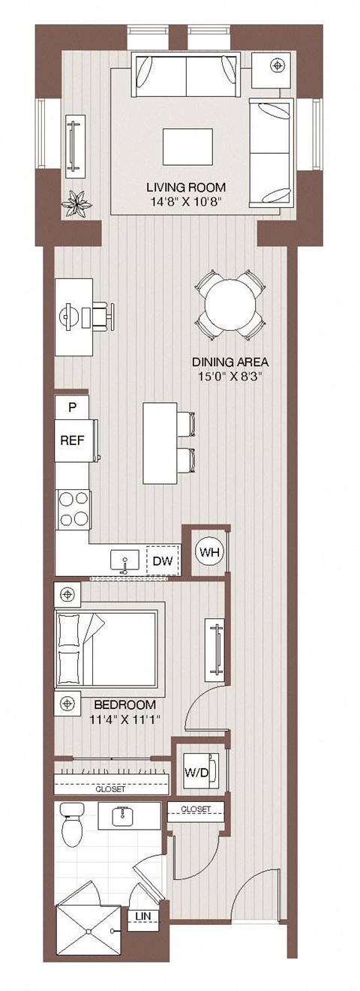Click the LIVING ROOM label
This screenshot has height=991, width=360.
click(x=186, y=187)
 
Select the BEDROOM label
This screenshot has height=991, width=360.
click(x=125, y=705)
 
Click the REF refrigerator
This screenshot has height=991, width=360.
click(x=72, y=440)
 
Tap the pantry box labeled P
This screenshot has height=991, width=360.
click(x=73, y=408)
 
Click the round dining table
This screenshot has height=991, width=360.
click(x=230, y=305)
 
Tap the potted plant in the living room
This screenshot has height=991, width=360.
click(x=77, y=204)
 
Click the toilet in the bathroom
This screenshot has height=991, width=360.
click(x=73, y=825)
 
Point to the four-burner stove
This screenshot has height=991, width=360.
click(x=73, y=510)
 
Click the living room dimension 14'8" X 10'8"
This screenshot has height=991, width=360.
click(x=186, y=200)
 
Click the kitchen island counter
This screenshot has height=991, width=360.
click(x=159, y=443)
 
